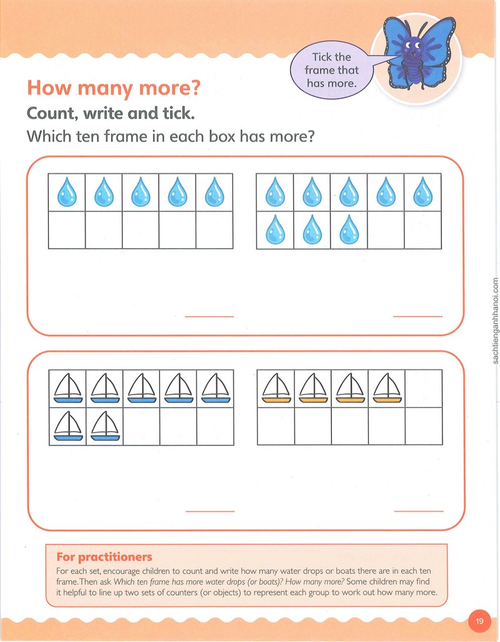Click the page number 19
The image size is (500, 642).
point(479,621)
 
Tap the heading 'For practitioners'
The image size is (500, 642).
point(104,557)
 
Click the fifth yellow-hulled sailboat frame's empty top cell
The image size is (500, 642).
point(424,389)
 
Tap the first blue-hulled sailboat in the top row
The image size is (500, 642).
point(68,388)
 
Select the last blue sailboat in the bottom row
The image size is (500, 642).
point(105,426)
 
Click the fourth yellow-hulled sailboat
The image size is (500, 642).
point(387,388)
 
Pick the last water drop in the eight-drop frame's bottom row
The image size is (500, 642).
point(349,229)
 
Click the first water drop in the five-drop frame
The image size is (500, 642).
point(67,192)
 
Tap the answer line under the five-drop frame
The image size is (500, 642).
point(209,316)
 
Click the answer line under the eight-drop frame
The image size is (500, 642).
point(418,316)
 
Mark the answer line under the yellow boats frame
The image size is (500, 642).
point(419,511)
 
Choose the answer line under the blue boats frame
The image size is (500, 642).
point(210,511)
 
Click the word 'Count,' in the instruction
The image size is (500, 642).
point(52,113)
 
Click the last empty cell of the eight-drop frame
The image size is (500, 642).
point(423,230)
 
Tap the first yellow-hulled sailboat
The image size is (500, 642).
point(276,388)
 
